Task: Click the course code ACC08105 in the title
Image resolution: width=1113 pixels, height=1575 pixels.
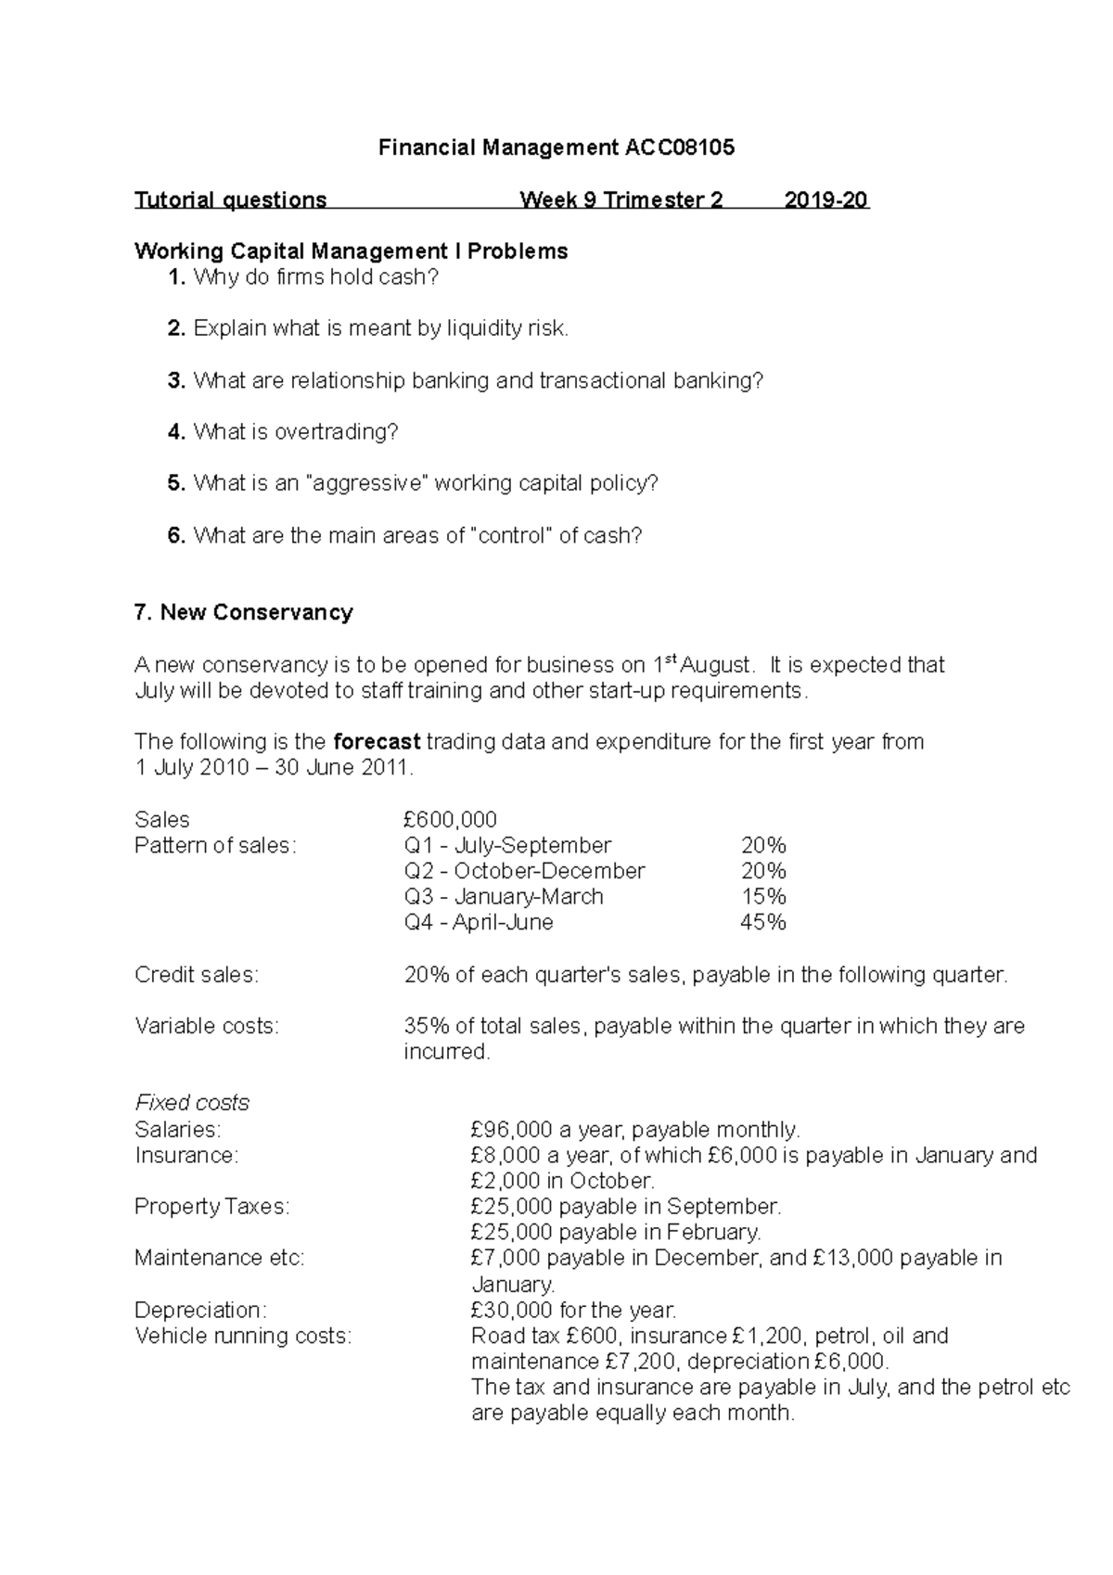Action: tap(679, 147)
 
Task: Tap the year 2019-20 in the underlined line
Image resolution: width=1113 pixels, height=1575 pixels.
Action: tap(825, 200)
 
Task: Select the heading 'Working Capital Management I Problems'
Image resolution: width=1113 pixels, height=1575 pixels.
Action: tap(351, 251)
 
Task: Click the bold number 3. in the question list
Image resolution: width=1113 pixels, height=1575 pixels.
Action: tap(177, 380)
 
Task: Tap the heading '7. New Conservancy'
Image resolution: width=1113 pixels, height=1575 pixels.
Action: tap(243, 612)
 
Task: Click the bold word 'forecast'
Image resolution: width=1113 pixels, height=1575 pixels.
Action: tap(377, 742)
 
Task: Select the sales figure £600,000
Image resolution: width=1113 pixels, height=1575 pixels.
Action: tap(450, 820)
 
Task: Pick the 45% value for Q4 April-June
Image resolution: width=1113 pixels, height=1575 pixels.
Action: tap(762, 922)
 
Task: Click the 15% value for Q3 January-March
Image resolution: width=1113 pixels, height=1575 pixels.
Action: tap(763, 897)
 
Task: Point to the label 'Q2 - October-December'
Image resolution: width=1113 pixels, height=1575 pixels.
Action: tap(524, 871)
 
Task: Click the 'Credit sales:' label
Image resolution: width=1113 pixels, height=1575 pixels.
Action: tap(197, 975)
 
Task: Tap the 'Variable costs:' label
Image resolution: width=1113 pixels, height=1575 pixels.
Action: tap(206, 1026)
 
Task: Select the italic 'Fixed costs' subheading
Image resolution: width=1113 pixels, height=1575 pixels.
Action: tap(191, 1103)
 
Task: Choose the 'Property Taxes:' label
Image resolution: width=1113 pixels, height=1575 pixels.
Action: tap(211, 1207)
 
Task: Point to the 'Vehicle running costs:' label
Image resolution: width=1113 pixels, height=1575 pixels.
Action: tap(242, 1336)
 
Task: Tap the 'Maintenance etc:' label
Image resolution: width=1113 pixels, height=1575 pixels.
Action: tap(219, 1258)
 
